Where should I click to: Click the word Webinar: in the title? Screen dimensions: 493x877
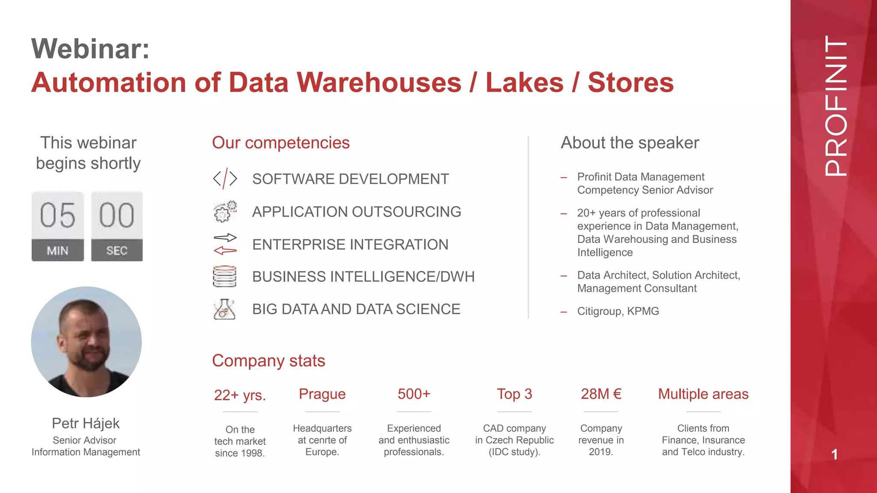[90, 49]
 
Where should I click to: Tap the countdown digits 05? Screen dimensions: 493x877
[58, 215]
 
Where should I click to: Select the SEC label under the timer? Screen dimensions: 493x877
[116, 251]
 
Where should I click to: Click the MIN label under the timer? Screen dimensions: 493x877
[57, 251]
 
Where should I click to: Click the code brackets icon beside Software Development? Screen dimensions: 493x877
[225, 178]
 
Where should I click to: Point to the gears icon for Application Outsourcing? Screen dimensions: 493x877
[225, 211]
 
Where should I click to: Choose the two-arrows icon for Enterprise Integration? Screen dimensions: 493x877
[225, 244]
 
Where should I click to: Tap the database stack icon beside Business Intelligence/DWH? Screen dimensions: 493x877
[224, 276]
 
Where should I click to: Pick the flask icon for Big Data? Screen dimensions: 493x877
[224, 309]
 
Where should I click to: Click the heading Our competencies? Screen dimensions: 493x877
[280, 143]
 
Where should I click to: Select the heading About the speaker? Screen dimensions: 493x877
[629, 143]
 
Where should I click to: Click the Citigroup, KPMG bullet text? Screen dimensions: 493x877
[617, 311]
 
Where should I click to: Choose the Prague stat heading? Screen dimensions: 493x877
[322, 394]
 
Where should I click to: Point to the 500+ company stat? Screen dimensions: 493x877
[414, 394]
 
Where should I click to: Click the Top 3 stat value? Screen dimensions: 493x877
[514, 394]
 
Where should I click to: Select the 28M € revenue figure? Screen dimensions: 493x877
[601, 394]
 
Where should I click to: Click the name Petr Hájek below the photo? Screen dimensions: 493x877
[86, 423]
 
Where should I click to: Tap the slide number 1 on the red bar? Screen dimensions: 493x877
[834, 454]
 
